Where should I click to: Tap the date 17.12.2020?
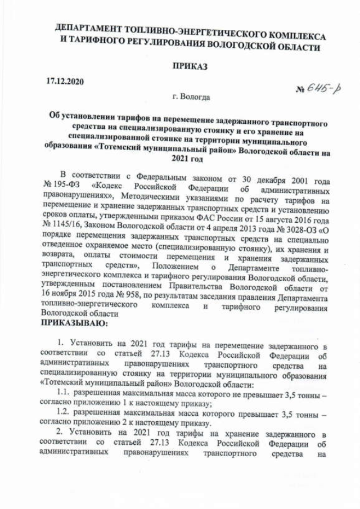(65, 82)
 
